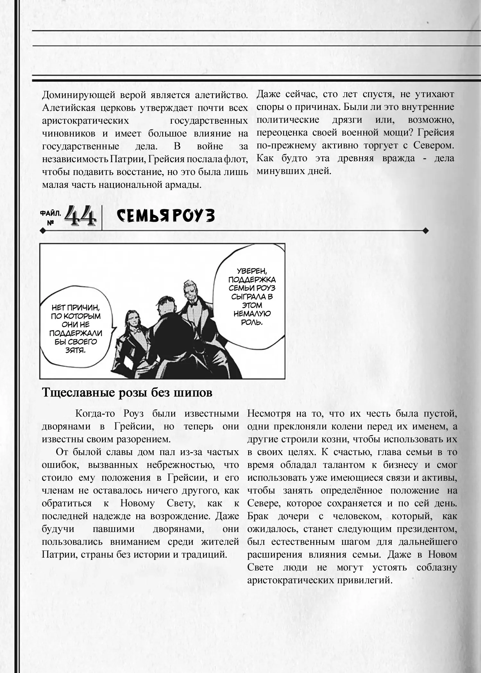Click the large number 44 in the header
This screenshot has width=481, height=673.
(x=80, y=216)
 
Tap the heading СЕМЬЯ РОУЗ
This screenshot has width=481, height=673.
(x=165, y=216)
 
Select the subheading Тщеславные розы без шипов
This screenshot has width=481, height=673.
(x=127, y=393)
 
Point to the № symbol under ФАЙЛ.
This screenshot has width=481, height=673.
(x=50, y=222)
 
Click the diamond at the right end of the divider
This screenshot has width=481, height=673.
(x=426, y=230)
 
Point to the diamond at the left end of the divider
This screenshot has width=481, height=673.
(x=42, y=230)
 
